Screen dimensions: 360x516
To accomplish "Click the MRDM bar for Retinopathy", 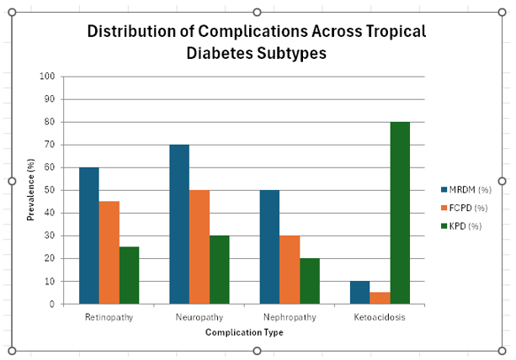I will click(x=88, y=236).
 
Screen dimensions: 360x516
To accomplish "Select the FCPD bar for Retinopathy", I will click(x=109, y=252).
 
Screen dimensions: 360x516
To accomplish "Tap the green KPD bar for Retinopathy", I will click(x=129, y=275).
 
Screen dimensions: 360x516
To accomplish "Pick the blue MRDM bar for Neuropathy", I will click(x=179, y=224).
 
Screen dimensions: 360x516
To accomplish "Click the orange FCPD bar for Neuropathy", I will click(x=199, y=246).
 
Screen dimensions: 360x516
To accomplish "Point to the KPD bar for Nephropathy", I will click(x=310, y=281).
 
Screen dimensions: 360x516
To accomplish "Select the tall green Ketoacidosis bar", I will click(x=400, y=213).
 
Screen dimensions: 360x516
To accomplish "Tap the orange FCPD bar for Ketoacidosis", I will click(x=380, y=298).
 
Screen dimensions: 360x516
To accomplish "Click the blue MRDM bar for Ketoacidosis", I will click(x=359, y=292).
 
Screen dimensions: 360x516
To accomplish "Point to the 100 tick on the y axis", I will click(x=48, y=77).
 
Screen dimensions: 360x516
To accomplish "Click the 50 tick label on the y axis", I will click(x=50, y=190).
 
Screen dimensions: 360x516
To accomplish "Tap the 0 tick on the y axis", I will click(x=52, y=304).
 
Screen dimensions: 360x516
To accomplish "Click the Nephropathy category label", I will click(x=290, y=317).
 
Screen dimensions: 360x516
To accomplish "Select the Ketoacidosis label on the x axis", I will click(x=380, y=317).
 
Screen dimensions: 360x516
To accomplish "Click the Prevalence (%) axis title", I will click(x=30, y=190).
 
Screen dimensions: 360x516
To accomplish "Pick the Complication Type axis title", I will click(x=244, y=332).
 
